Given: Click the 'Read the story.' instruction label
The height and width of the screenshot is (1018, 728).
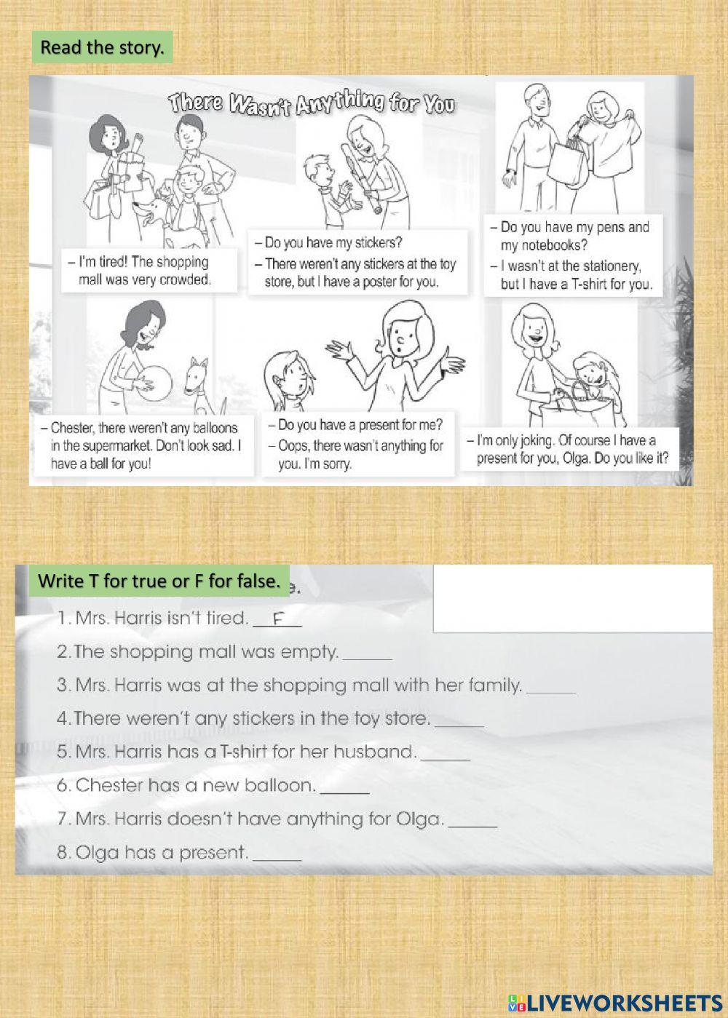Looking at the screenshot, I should pyautogui.click(x=102, y=47).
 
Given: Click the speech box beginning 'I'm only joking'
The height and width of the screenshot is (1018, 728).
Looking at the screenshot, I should pyautogui.click(x=572, y=449).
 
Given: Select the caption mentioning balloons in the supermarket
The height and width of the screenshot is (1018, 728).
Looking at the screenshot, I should pyautogui.click(x=145, y=445).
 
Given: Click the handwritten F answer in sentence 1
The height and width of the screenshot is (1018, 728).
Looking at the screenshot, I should pyautogui.click(x=277, y=619).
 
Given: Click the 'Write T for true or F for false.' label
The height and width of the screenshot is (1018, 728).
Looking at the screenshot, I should pyautogui.click(x=159, y=581).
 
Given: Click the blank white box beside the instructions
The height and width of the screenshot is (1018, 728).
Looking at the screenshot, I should pyautogui.click(x=572, y=598).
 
